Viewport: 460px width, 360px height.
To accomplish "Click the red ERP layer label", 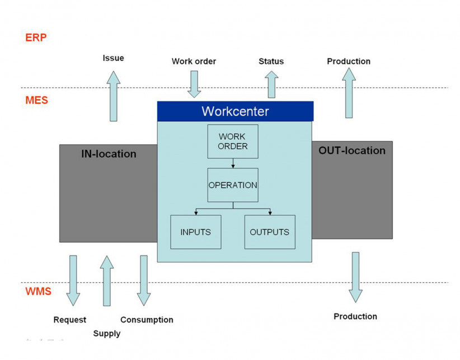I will click(36, 38).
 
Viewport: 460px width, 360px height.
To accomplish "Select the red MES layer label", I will click(37, 101).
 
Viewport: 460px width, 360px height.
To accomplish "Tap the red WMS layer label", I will click(39, 292).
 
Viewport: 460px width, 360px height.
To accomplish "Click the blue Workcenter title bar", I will click(235, 111).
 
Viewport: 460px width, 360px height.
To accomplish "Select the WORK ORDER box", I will click(232, 141).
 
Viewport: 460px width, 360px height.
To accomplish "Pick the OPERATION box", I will click(233, 185).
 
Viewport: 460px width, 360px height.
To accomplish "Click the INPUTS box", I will click(195, 232).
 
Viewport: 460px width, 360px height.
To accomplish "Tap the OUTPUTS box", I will click(269, 232).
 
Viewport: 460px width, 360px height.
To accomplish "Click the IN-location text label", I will click(109, 154).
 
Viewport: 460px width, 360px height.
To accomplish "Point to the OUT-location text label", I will click(351, 151).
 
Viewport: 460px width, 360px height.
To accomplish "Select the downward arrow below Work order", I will click(194, 84).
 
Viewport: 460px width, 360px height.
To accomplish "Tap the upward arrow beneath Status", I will click(272, 84).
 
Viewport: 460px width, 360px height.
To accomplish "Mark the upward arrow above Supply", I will click(106, 281).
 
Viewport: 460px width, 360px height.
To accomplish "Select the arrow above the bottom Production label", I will click(355, 277).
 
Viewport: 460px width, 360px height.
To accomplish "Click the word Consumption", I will click(147, 320).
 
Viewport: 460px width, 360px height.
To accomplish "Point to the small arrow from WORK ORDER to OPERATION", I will click(232, 163).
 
